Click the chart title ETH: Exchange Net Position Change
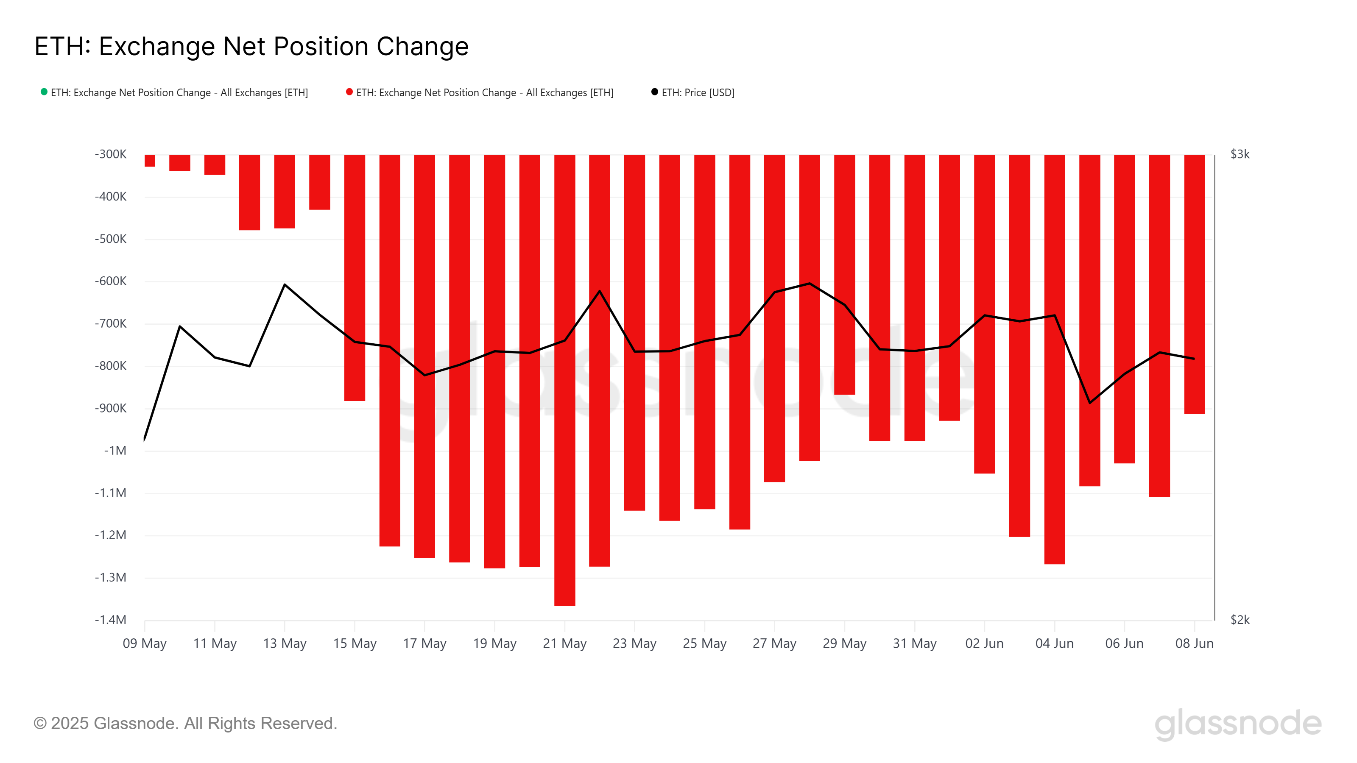(251, 46)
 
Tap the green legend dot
(44, 92)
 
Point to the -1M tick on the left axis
(115, 451)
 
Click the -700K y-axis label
(111, 324)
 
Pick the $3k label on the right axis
(1240, 154)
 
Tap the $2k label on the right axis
(1240, 620)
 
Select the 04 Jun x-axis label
(1054, 643)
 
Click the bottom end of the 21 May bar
(565, 604)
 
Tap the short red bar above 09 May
(150, 161)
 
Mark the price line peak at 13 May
(285, 285)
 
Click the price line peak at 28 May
(809, 284)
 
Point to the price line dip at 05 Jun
(1089, 403)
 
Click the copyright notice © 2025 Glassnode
(185, 724)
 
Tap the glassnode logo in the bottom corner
(1237, 724)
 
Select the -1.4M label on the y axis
(111, 620)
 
